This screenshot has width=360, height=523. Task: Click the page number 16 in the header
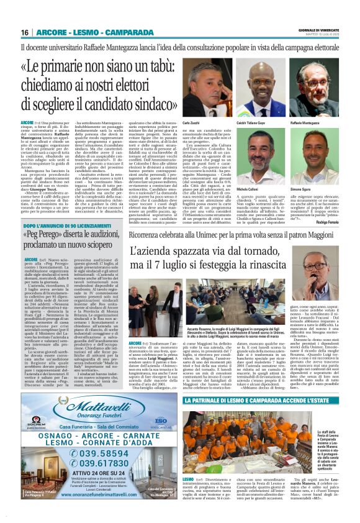point(25,32)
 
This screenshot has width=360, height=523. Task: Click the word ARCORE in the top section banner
point(51,32)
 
